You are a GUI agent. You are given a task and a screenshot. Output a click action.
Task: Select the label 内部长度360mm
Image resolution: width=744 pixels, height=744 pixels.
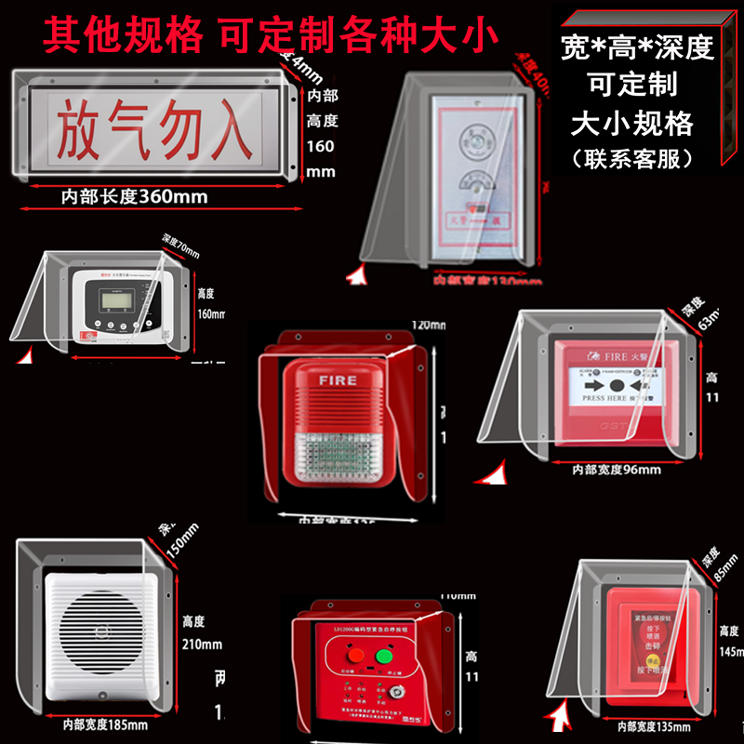coord(135,196)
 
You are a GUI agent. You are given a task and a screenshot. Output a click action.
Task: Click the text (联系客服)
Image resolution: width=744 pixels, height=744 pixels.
coord(639,158)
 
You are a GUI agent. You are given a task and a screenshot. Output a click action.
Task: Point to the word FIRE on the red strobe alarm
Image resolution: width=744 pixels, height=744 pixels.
coord(338,380)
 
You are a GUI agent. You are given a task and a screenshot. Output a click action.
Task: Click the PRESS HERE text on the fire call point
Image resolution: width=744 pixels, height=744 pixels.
coord(604,397)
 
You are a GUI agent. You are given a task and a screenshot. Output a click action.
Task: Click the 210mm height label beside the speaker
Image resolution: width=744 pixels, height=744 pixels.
coord(204,644)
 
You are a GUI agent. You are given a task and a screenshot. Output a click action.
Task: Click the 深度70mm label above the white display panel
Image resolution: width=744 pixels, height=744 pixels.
coord(181,248)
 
